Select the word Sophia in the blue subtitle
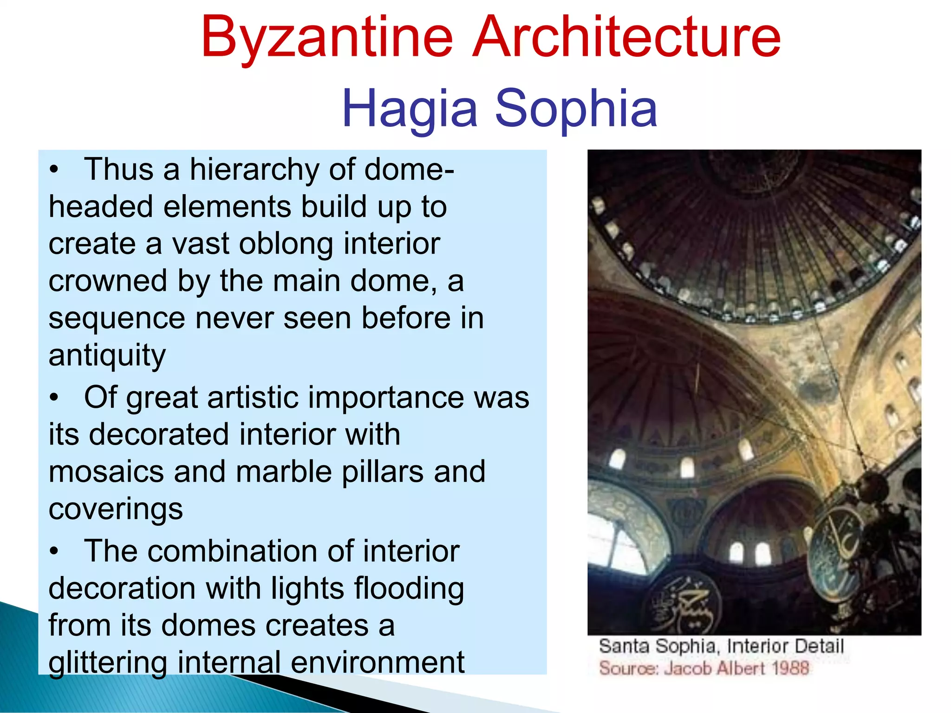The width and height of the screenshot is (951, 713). [x=576, y=109]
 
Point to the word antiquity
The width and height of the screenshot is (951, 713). [x=107, y=356]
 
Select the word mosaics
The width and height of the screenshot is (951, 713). [x=106, y=472]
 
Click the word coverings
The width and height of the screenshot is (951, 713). [x=116, y=510]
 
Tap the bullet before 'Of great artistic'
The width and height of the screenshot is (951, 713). [x=54, y=398]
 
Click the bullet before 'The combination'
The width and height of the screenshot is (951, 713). [x=54, y=551]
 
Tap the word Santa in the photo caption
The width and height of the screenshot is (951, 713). [x=624, y=646]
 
